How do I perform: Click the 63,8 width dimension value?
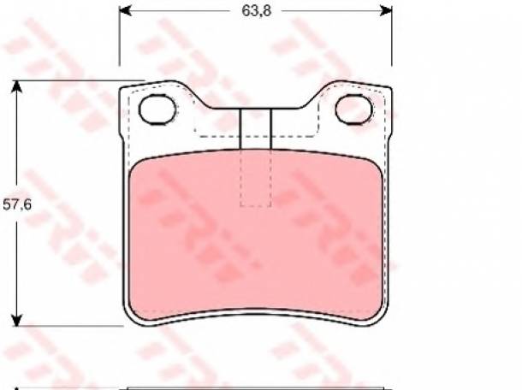click(x=257, y=10)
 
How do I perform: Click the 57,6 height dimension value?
click(x=17, y=204)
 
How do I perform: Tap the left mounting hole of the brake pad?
click(x=157, y=109)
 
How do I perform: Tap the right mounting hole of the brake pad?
click(x=353, y=109)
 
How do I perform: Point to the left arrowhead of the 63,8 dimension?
click(x=125, y=10)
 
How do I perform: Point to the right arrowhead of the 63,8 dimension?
click(x=386, y=10)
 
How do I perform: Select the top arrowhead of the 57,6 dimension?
click(x=16, y=86)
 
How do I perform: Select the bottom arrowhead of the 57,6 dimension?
click(x=16, y=320)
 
